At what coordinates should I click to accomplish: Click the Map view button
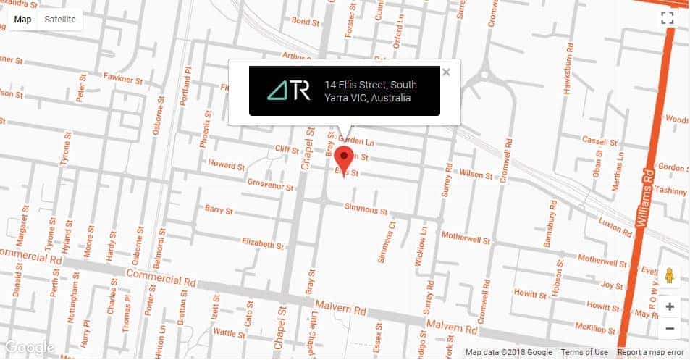point(23,20)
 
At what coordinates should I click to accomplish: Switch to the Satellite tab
point(60,20)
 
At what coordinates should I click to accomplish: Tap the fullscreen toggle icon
point(668,19)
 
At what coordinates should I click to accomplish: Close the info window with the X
point(446,72)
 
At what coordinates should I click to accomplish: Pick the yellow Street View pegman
point(669,275)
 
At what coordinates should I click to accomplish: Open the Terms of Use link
point(584,352)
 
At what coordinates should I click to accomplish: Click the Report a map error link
point(650,352)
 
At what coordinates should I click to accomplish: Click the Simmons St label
point(366,209)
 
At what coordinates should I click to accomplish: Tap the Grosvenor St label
point(270,185)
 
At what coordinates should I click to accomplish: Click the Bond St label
point(305,22)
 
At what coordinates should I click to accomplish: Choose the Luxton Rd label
point(615,226)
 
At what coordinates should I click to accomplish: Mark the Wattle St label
point(230,333)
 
